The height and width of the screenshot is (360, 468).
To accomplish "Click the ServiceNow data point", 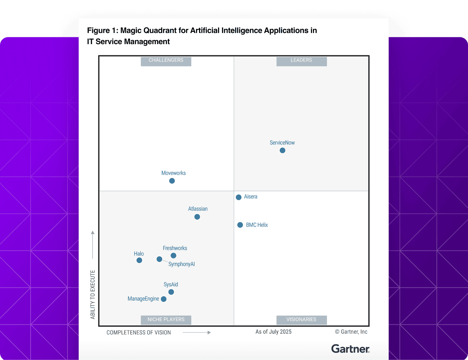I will click(282, 150).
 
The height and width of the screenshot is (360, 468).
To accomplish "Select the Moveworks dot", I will click(172, 181).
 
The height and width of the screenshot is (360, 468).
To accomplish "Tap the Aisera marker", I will click(239, 197).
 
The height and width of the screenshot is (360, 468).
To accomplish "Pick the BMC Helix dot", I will click(240, 225).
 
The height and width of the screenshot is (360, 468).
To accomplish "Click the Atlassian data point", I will click(197, 217).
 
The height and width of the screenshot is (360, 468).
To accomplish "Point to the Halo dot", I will click(139, 260).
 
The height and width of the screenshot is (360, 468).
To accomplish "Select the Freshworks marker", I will click(173, 255).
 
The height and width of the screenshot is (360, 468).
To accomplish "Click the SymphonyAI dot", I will click(159, 259).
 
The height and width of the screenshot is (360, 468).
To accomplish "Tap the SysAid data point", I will click(171, 292).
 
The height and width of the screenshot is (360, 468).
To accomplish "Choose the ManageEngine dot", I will click(164, 299).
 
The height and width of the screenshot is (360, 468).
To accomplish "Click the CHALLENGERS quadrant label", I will click(166, 60).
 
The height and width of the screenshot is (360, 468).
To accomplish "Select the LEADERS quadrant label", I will click(301, 60).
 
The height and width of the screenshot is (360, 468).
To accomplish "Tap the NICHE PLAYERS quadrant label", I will click(166, 320).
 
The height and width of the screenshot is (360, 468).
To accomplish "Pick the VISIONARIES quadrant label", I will click(301, 320).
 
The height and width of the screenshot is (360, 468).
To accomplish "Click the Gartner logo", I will click(350, 349).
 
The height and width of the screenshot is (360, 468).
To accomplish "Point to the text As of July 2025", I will click(273, 332).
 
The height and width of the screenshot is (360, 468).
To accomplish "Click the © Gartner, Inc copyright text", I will click(351, 332).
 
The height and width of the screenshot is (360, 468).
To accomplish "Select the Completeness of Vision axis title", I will click(139, 333).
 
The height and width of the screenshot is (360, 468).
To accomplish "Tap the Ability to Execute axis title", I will click(93, 295).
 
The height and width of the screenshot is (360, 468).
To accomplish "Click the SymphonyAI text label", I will click(181, 264).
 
